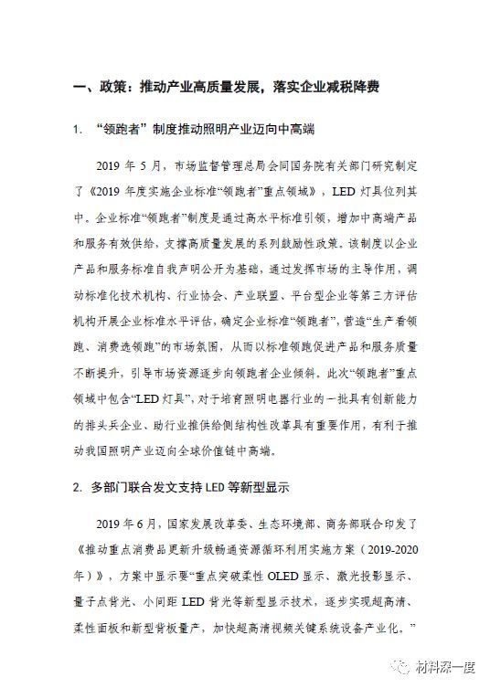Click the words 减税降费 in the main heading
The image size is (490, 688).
[x=348, y=89]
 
